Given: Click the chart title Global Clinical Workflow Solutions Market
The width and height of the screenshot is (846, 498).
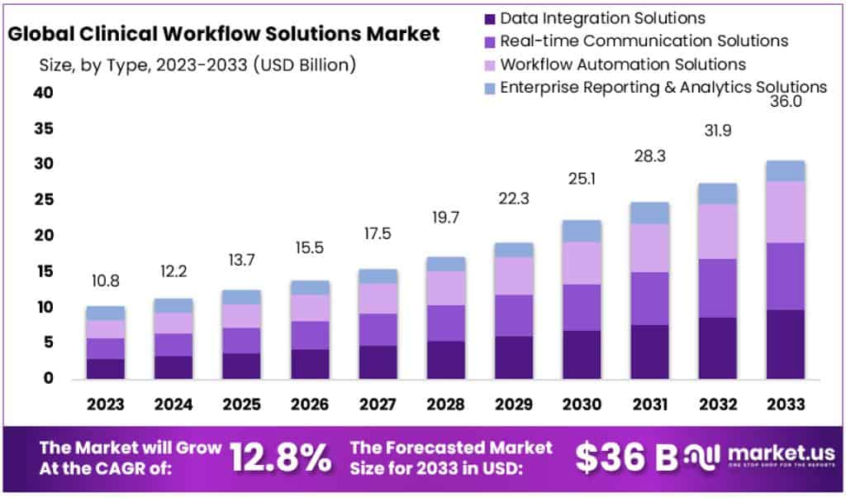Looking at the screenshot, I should tap(223, 35).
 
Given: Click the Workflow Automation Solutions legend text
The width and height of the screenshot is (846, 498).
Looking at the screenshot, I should tap(623, 64).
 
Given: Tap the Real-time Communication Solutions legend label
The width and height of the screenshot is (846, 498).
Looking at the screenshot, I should tap(644, 41).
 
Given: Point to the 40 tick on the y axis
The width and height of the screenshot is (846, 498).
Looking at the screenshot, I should tap(43, 93).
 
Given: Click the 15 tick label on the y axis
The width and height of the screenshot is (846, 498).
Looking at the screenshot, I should tap(43, 272).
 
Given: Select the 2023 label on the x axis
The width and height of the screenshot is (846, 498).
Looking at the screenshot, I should tap(105, 404).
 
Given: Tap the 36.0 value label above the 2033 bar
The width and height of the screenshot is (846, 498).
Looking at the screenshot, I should tap(784, 103).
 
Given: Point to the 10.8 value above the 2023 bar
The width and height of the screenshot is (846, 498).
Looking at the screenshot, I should tap(105, 281).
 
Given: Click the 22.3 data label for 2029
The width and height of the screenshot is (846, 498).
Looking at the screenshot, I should tap(514, 199).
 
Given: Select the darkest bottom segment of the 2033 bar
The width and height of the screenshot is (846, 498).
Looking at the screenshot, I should tap(785, 344).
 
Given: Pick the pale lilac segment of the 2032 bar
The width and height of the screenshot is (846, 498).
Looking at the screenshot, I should tap(717, 232).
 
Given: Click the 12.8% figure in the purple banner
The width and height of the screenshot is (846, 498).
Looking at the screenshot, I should tap(280, 457).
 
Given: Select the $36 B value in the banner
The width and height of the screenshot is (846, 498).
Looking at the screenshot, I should tap(625, 457).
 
